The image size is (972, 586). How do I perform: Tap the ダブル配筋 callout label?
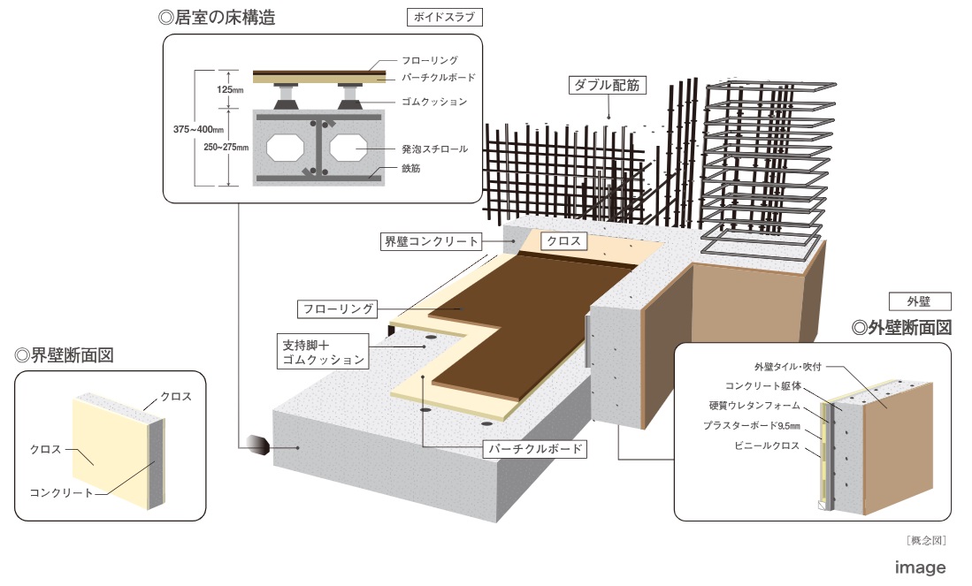(606, 86)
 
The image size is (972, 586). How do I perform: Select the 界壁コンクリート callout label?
(432, 241)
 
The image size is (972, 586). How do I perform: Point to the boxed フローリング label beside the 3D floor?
(337, 309)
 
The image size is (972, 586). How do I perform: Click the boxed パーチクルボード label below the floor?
(537, 449)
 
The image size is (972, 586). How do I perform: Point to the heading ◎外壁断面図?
(901, 326)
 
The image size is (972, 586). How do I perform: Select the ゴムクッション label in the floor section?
(434, 103)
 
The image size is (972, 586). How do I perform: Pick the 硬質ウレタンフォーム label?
(754, 406)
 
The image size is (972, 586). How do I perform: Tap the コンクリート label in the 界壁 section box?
(61, 492)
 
